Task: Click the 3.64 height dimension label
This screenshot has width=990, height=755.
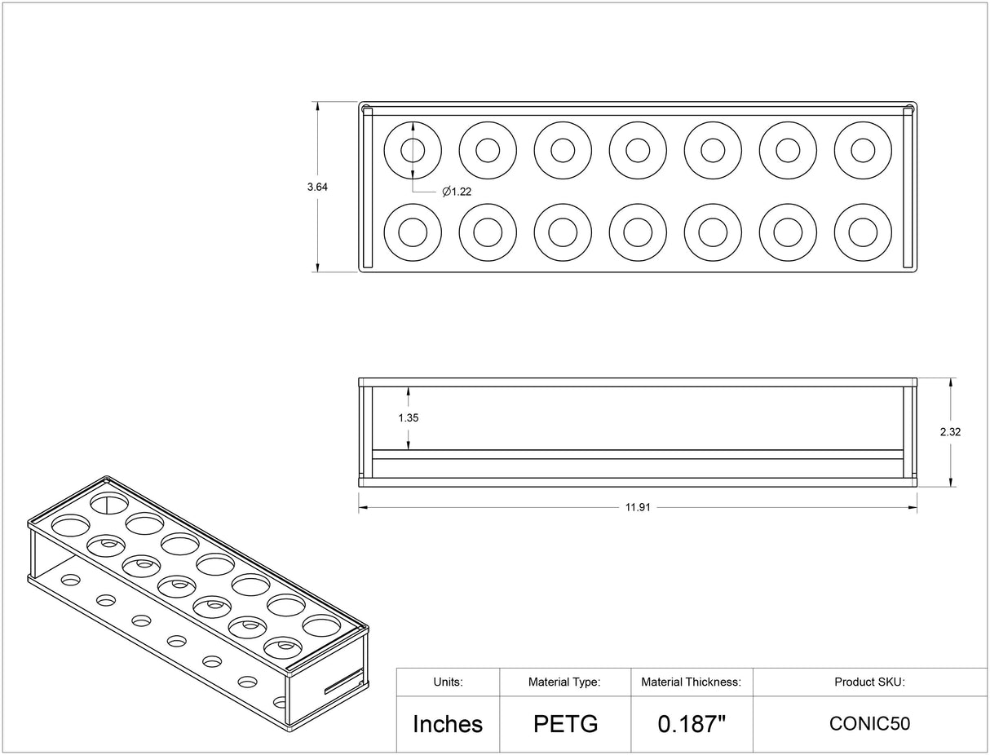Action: [x=317, y=187]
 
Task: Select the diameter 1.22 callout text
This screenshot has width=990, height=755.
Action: [x=457, y=192]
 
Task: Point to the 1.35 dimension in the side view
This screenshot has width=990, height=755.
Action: [x=409, y=417]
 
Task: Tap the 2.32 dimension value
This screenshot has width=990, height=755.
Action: [x=950, y=432]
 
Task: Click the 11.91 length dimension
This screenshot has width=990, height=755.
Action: [x=638, y=507]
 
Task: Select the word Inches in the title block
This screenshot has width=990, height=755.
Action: [x=448, y=723]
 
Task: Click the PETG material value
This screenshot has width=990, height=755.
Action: [x=566, y=723]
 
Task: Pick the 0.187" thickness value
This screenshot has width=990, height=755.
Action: [x=692, y=723]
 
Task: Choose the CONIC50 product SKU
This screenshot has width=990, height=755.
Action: [x=869, y=723]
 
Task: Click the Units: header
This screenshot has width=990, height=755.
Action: [x=448, y=682]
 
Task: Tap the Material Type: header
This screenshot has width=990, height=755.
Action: [x=564, y=682]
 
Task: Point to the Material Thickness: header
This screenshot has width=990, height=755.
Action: [x=691, y=682]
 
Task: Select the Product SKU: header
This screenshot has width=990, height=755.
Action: [x=869, y=682]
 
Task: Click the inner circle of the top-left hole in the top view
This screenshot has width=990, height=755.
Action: [x=413, y=150]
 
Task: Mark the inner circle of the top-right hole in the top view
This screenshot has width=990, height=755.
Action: [x=863, y=150]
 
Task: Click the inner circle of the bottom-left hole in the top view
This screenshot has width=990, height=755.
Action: [x=413, y=232]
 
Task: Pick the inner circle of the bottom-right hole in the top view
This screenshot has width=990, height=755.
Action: [x=863, y=232]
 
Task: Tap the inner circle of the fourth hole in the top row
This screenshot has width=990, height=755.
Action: [x=638, y=150]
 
